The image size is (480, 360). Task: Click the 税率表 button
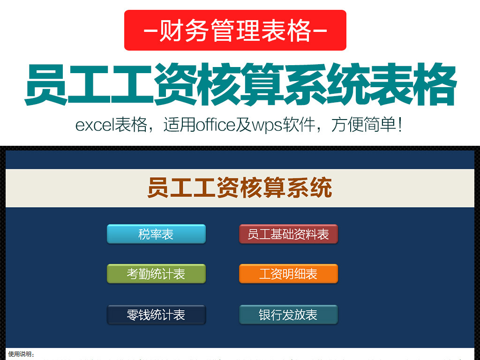tap(156, 234)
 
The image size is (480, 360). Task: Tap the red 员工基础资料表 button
tap(288, 234)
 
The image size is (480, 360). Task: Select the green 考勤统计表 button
tap(156, 274)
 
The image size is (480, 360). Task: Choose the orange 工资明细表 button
tap(288, 274)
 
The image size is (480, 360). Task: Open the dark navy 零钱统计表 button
tap(156, 315)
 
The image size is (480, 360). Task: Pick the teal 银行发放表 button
tap(288, 315)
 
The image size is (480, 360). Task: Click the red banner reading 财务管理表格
tap(235, 30)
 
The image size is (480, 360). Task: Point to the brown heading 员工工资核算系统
tap(240, 188)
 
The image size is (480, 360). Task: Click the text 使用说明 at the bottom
tap(21, 354)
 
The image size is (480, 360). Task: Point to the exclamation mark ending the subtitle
tap(399, 125)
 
